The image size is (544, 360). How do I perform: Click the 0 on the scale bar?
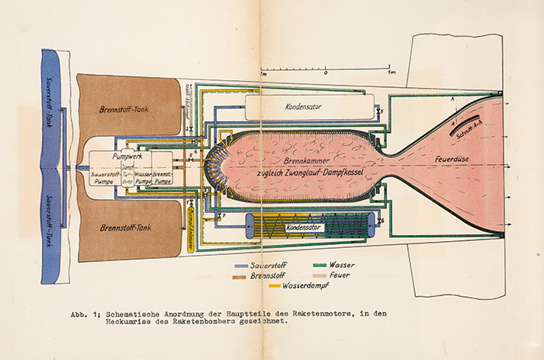point(326,72)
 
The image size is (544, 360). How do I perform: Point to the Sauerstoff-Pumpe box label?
point(103,178)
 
